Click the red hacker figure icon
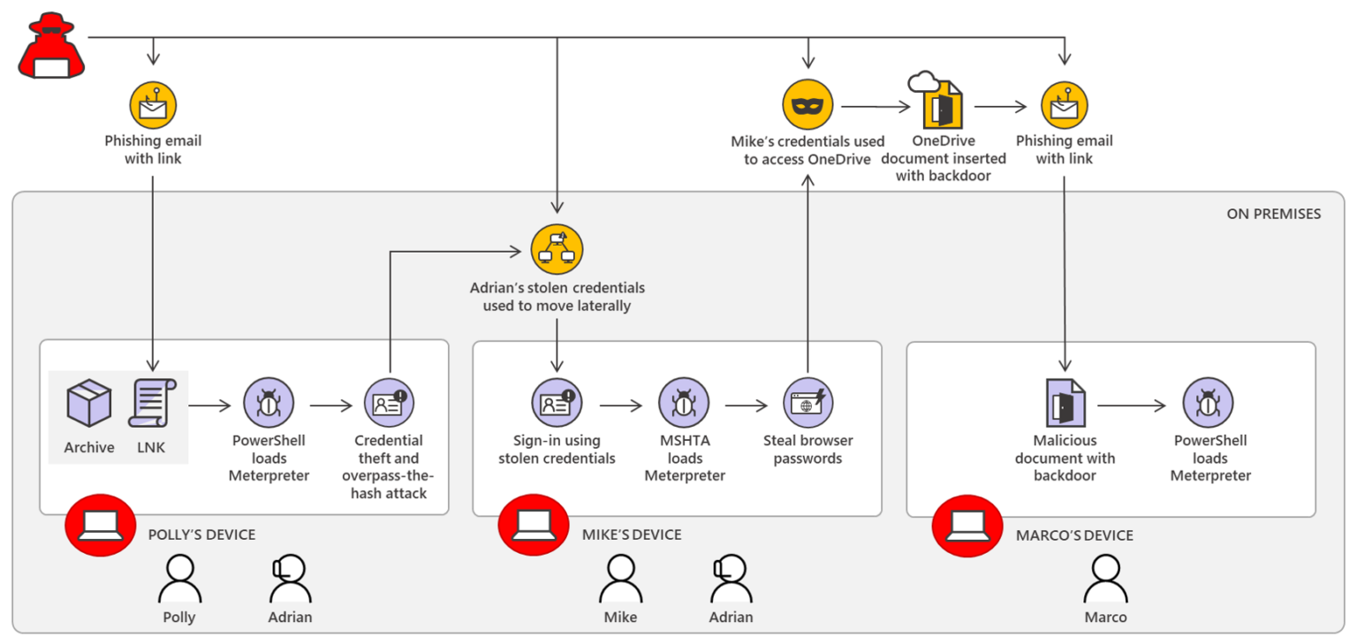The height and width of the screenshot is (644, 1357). pyautogui.click(x=51, y=48)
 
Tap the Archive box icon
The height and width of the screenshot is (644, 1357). pyautogui.click(x=89, y=403)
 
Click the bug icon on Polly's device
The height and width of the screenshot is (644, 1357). pyautogui.click(x=269, y=404)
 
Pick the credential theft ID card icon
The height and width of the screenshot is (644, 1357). pyautogui.click(x=389, y=404)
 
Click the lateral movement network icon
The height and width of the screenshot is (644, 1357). pyautogui.click(x=557, y=249)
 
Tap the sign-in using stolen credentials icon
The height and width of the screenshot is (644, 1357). pyautogui.click(x=557, y=404)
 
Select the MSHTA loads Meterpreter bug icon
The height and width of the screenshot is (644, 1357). pyautogui.click(x=684, y=404)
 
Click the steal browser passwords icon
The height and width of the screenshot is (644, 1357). pyautogui.click(x=807, y=404)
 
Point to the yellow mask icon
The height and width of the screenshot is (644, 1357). pyautogui.click(x=807, y=104)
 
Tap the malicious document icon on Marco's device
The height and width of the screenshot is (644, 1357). pyautogui.click(x=1065, y=404)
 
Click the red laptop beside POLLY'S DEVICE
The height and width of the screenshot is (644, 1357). pyautogui.click(x=100, y=526)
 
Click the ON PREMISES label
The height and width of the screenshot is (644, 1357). pyautogui.click(x=1273, y=214)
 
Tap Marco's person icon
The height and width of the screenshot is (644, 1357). pyautogui.click(x=1105, y=580)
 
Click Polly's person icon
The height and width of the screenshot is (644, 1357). pyautogui.click(x=179, y=580)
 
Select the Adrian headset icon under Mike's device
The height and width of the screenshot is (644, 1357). pyautogui.click(x=731, y=580)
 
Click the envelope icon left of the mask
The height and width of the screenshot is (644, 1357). pyautogui.click(x=153, y=105)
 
